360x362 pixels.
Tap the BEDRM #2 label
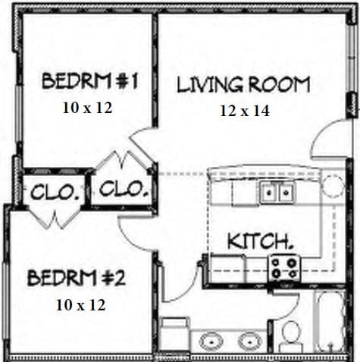pos(77,278)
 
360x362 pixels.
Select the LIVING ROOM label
pos(243,84)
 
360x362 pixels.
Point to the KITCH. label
pos(261,242)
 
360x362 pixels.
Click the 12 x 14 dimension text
pos(245,110)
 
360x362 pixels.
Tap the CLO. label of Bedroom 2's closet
pos(54,192)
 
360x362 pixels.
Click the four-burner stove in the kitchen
pos(284,266)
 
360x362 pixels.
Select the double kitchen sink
pos(277,194)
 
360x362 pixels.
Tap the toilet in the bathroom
pos(290,335)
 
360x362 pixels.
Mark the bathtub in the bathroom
pos(330,323)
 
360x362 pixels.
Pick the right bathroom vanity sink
pos(249,341)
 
